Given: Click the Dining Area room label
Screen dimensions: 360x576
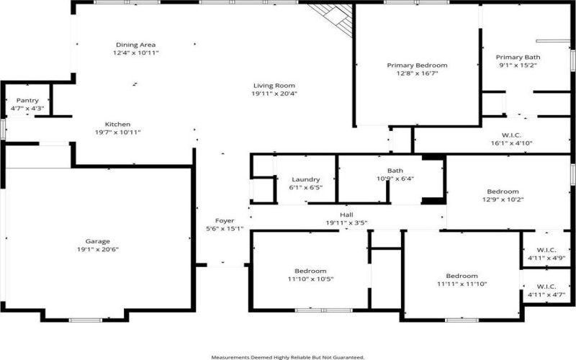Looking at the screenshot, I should (136, 45).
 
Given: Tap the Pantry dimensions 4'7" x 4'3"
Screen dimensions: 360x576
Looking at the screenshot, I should (27, 109).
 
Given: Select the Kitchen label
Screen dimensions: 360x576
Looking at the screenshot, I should (117, 124).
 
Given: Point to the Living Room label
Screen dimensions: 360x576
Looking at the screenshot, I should (274, 85).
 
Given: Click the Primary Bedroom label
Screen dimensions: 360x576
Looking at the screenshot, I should (417, 66).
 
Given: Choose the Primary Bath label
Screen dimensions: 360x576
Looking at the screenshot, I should (516, 57).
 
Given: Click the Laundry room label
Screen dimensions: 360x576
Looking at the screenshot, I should (305, 179).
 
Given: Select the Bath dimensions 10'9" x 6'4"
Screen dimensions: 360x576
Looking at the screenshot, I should (379, 179).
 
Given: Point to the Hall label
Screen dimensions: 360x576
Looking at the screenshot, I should (346, 215).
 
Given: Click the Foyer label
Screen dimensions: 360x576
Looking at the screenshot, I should (225, 221).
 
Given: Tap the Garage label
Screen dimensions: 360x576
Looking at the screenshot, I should (98, 241).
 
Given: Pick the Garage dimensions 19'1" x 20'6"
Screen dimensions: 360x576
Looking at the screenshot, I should (98, 249).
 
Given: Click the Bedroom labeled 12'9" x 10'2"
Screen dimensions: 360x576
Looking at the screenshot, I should (502, 192).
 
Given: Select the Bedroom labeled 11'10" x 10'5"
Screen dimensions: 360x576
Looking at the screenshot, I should (310, 271).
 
